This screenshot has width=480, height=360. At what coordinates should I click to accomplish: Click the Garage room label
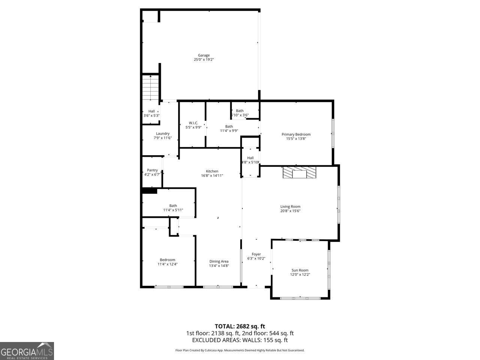(204, 55)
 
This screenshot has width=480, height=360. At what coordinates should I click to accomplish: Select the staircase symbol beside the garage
(151, 88)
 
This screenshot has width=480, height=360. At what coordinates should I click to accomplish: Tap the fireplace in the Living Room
(299, 173)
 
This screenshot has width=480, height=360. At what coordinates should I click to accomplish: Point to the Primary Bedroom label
(296, 134)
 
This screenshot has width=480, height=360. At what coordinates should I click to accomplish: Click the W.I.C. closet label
(193, 123)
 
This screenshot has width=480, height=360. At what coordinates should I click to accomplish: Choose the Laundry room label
(163, 133)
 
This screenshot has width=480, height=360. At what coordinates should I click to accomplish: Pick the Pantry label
(152, 170)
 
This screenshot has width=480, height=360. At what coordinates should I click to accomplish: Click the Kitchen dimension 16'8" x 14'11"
(212, 175)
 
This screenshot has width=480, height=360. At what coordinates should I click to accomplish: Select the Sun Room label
(300, 270)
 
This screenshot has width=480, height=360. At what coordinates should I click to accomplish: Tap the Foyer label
(256, 254)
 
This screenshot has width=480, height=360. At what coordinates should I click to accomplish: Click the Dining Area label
(219, 261)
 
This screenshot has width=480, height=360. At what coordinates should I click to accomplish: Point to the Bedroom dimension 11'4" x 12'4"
(167, 264)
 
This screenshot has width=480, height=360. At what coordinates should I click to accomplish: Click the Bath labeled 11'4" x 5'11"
(173, 208)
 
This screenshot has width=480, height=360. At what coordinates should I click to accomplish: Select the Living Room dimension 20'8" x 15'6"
(290, 211)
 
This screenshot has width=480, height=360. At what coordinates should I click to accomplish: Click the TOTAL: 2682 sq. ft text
(240, 326)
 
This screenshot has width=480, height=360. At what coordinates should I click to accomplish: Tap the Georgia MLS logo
(27, 351)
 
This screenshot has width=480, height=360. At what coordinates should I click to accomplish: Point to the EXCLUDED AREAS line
(240, 340)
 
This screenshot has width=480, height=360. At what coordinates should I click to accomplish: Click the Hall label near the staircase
(151, 111)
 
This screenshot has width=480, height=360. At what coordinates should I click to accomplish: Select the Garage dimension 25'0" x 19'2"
(204, 60)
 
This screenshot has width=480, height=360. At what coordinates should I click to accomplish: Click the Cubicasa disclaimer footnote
(240, 350)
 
